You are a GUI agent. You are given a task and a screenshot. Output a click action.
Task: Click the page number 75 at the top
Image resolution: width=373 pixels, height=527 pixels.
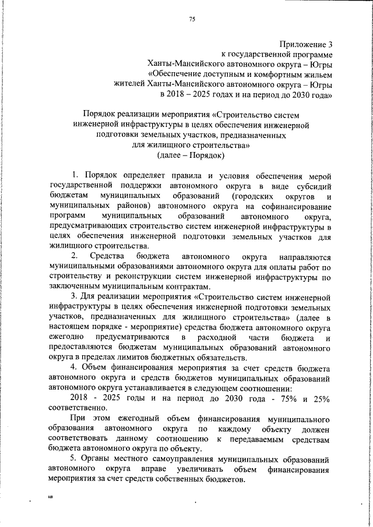192,20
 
